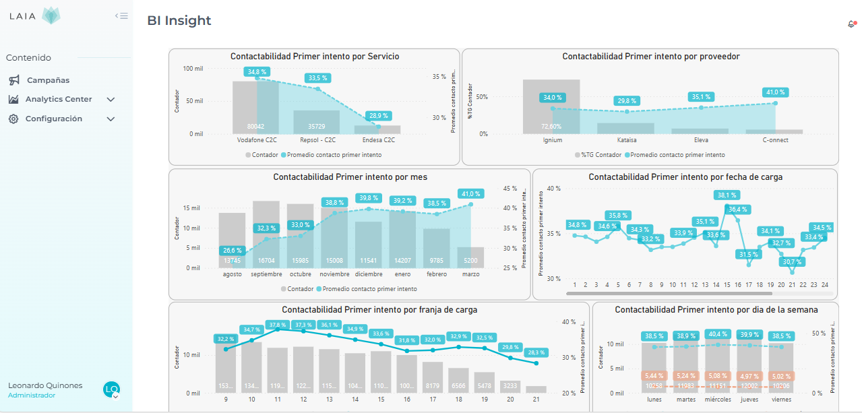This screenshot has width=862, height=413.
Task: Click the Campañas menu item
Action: (x=48, y=80)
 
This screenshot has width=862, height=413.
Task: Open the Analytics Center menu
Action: (x=59, y=100)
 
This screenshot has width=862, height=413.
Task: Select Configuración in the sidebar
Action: (x=54, y=119)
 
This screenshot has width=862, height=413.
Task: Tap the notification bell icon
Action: (x=851, y=24)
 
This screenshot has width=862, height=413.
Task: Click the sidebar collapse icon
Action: (x=121, y=15)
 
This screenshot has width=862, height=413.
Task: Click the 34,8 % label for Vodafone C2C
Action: (x=257, y=71)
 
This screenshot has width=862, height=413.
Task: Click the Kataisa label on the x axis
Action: (x=626, y=140)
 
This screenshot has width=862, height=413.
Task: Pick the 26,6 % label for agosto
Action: (x=232, y=250)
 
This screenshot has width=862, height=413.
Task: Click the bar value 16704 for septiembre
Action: (x=266, y=261)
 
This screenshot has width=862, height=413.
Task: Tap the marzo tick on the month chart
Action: (x=471, y=274)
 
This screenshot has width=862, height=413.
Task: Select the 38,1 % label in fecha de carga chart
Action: (x=727, y=195)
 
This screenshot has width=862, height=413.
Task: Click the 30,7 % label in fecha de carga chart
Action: (x=792, y=262)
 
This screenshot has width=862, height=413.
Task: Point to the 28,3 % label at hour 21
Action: (x=536, y=352)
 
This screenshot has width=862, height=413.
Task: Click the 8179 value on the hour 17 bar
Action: (x=433, y=386)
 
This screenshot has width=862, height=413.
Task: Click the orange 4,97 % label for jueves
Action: (x=749, y=376)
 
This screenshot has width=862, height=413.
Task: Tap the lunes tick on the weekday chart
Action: (x=653, y=400)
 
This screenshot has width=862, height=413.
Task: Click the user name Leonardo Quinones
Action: (x=45, y=385)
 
